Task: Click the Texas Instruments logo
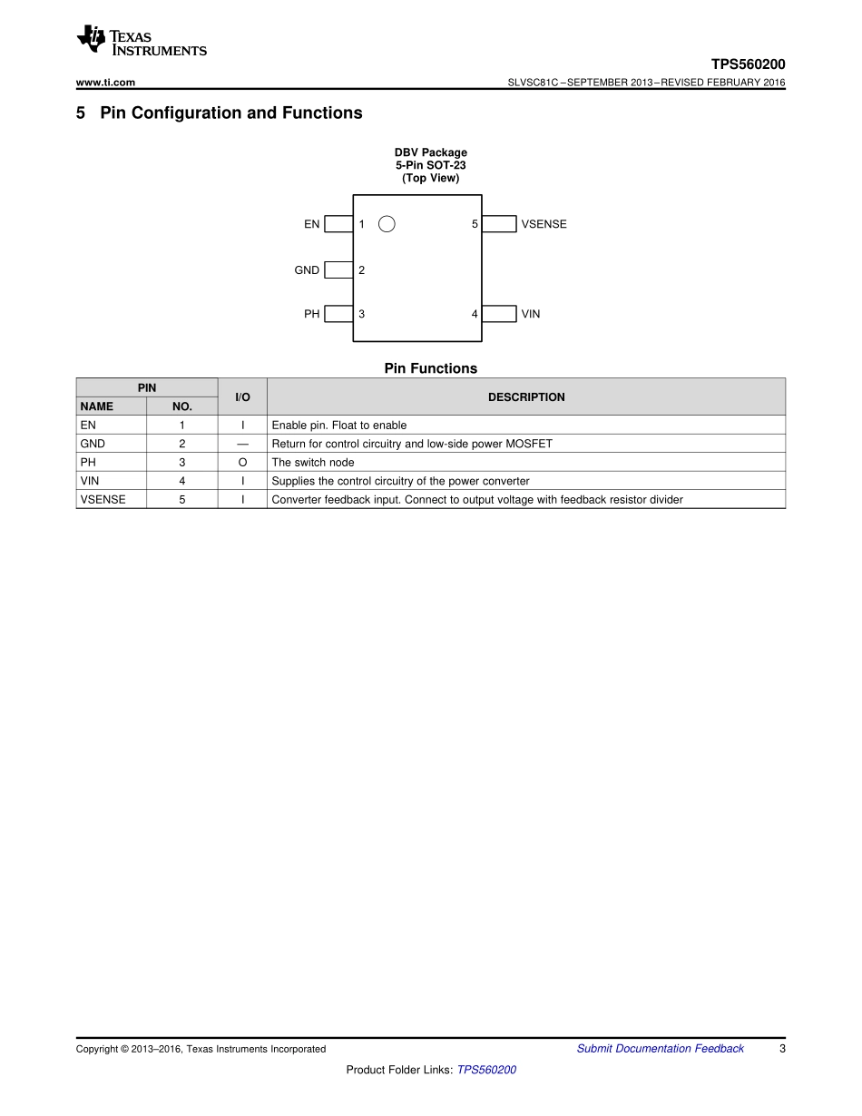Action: [142, 41]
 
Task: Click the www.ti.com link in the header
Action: [105, 83]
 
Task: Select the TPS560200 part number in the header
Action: [748, 64]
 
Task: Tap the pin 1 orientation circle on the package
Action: [387, 224]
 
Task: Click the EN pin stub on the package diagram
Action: [338, 224]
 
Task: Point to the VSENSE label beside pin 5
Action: [544, 224]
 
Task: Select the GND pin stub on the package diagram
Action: [338, 269]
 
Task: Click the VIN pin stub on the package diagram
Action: [498, 314]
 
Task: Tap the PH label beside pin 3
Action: [312, 314]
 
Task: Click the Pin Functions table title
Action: [430, 368]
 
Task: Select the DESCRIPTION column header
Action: [526, 397]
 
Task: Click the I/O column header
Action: [242, 397]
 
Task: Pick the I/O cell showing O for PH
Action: [242, 463]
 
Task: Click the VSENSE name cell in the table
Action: [103, 500]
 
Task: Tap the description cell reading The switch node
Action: [313, 463]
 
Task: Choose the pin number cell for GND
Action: [182, 444]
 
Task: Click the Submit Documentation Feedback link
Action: [660, 1049]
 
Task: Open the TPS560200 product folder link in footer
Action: [486, 1070]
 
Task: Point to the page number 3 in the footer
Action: [782, 1049]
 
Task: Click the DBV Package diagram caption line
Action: [430, 152]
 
